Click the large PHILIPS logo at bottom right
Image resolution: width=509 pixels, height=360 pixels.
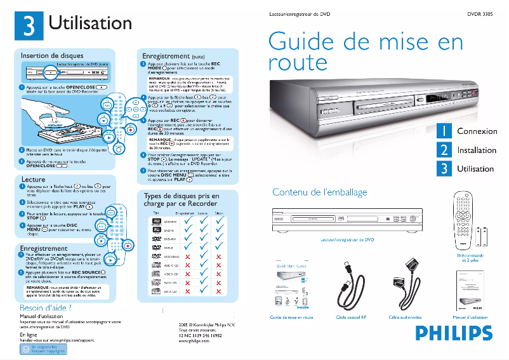(454, 333)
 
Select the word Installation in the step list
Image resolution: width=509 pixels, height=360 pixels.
(477, 150)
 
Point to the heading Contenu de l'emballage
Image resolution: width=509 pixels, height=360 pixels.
(319, 192)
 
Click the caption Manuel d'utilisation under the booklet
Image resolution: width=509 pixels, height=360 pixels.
(470, 317)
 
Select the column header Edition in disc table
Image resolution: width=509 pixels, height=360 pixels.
(219, 214)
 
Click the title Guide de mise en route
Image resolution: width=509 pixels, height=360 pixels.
(366, 52)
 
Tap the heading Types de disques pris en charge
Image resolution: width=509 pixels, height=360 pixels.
(182, 200)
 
